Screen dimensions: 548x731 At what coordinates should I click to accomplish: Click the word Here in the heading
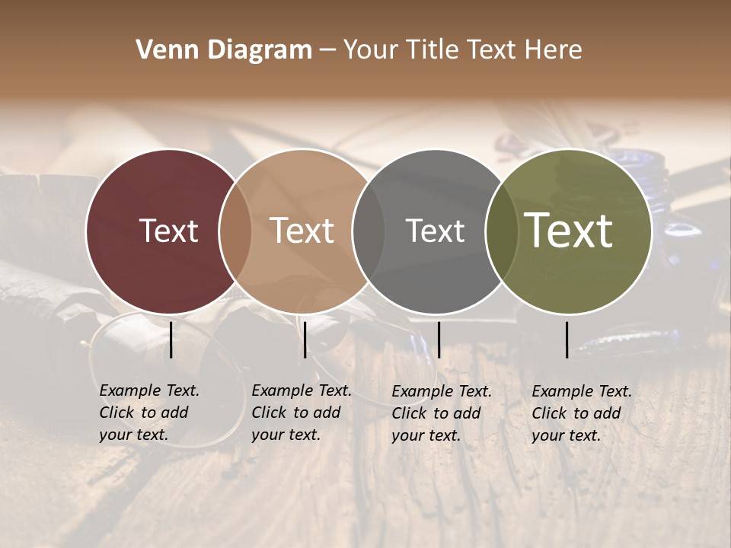[x=554, y=49]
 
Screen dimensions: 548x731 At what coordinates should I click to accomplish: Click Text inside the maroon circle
[x=168, y=231]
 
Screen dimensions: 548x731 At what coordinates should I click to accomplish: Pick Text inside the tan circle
[x=302, y=231]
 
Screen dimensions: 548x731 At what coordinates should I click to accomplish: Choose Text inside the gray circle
[x=436, y=231]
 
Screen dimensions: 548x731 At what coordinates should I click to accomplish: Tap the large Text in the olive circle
[x=569, y=230]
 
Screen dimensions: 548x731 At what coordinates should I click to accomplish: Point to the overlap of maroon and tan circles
[x=235, y=231]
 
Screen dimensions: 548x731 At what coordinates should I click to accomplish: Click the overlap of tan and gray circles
[x=369, y=231]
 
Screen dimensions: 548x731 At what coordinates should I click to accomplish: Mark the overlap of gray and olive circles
[x=501, y=231]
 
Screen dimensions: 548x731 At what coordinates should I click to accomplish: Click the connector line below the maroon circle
[x=171, y=339]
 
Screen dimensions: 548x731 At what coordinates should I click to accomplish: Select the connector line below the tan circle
[x=305, y=339]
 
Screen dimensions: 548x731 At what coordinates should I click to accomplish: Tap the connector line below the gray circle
[x=439, y=339]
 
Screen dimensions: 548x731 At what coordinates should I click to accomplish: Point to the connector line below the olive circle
[x=567, y=339]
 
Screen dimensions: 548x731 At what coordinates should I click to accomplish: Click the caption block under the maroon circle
[x=149, y=413]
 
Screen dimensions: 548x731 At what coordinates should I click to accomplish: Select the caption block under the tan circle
[x=302, y=413]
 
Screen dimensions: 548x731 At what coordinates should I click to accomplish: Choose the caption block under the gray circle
[x=442, y=413]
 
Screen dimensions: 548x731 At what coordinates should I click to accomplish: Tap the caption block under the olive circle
[x=582, y=413]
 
